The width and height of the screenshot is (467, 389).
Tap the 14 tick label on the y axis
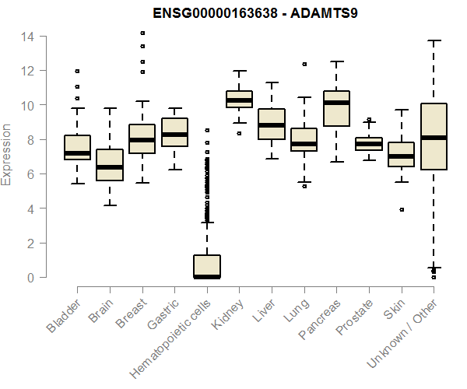pos(27,37)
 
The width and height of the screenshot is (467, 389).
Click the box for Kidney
pos(239,100)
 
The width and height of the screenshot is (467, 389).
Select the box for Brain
pos(110,164)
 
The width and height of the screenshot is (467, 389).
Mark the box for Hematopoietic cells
pos(207,266)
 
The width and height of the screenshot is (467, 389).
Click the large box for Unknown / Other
pos(434,136)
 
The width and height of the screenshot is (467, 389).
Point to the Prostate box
pos(369,144)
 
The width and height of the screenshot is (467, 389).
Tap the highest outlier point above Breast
pos(142,33)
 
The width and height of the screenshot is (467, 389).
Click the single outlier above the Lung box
pos(304,64)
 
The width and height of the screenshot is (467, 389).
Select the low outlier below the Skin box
pos(402,209)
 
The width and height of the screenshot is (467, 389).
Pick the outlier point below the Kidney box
pos(239,133)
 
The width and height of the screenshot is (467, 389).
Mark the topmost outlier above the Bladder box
pos(77,72)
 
